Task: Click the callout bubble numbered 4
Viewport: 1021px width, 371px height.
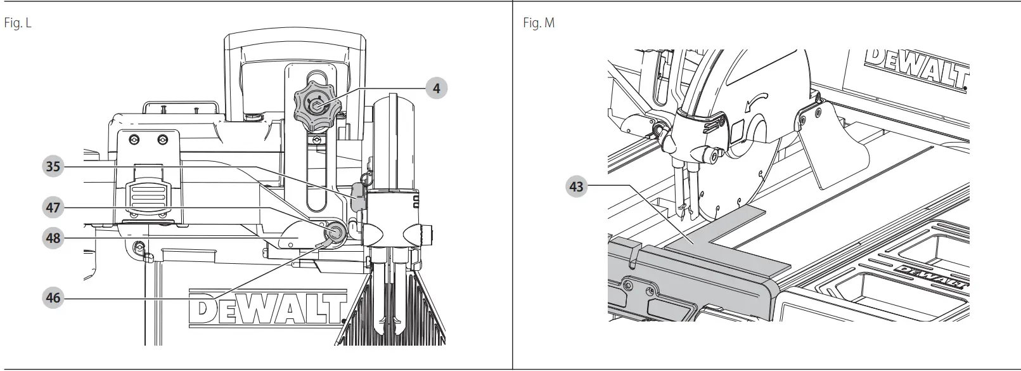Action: (x=435, y=88)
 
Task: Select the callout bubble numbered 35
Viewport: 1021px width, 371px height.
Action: (x=53, y=166)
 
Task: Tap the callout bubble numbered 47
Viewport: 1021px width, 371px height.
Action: (x=53, y=207)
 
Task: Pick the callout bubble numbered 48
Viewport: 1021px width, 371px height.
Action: (x=53, y=238)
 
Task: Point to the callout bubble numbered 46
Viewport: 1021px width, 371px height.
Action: (x=53, y=297)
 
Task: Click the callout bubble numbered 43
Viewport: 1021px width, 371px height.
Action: (x=576, y=186)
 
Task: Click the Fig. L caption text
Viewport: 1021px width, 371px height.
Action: (x=18, y=23)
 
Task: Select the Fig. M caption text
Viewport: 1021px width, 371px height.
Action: (x=539, y=23)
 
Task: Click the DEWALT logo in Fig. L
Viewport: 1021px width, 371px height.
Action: (x=269, y=308)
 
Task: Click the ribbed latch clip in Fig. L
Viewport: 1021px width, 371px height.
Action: (x=148, y=197)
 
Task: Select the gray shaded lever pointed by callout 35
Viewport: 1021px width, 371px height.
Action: (x=357, y=197)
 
